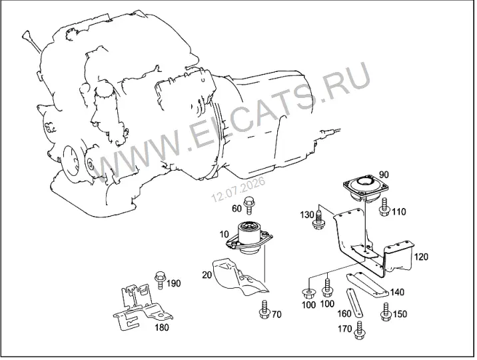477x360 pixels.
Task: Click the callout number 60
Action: pos(237,209)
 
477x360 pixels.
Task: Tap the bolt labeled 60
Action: pos(249,205)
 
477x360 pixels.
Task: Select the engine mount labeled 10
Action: pos(249,238)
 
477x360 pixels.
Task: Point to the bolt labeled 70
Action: pos(264,309)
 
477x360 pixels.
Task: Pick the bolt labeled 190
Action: pos(160,280)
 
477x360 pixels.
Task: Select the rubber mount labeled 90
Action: pos(366,188)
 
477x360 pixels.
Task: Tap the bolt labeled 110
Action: pos(384,207)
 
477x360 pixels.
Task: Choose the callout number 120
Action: pos(421,257)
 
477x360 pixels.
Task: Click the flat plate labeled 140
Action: pos(368,284)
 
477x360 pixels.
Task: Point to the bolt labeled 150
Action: pos(386,312)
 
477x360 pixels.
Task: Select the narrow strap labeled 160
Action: pos(354,303)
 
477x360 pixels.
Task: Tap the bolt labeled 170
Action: pos(359,331)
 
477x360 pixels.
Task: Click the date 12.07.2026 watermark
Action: pos(238,189)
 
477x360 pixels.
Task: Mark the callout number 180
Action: pos(161,327)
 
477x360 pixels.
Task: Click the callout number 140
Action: pos(397,292)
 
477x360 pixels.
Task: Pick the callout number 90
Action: pos(384,175)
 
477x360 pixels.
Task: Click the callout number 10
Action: pos(224,234)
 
